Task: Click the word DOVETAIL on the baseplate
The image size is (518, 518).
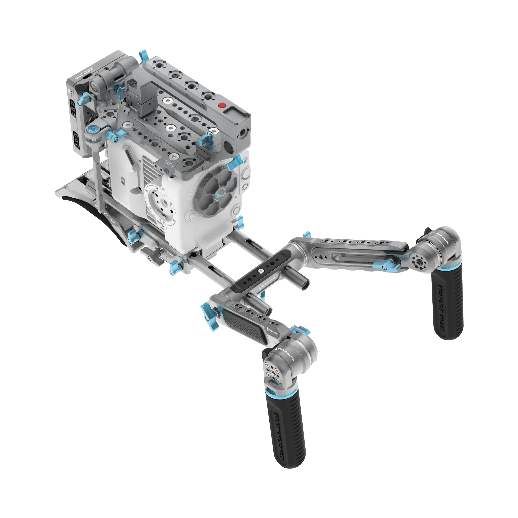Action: click(x=147, y=236)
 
